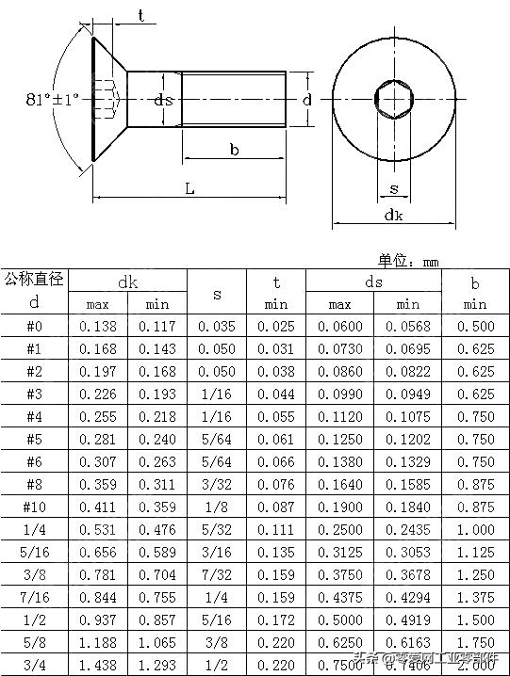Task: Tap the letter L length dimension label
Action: pos(189,188)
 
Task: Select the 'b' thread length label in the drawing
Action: pos(234,150)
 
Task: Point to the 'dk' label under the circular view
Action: pos(394,215)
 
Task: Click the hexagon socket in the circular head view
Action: pos(392,97)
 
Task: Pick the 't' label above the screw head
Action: pos(140,15)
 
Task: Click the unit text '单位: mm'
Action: pos(409,260)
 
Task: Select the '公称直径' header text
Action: pos(33,279)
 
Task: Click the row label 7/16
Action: pos(34,598)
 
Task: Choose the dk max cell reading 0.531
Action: pos(98,530)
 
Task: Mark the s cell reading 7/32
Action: pos(217,575)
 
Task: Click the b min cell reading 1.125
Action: pos(475,553)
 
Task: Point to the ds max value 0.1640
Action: pos(339,485)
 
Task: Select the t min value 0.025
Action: pos(276,327)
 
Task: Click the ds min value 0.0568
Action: pos(407,327)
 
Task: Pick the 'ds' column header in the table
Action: pos(374,282)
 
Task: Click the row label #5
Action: pos(34,440)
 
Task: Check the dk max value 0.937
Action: pos(98,620)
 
